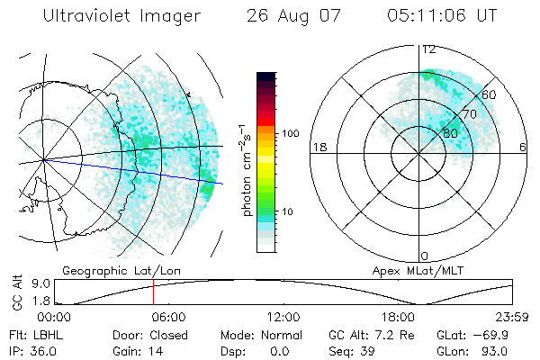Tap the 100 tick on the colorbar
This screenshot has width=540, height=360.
point(289,133)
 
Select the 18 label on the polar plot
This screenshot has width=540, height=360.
point(318,147)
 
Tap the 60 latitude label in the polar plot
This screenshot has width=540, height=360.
point(489,94)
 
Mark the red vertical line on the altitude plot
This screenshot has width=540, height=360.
point(153,292)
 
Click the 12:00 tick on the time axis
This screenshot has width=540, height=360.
point(283,317)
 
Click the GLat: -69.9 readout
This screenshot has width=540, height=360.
point(469,334)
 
